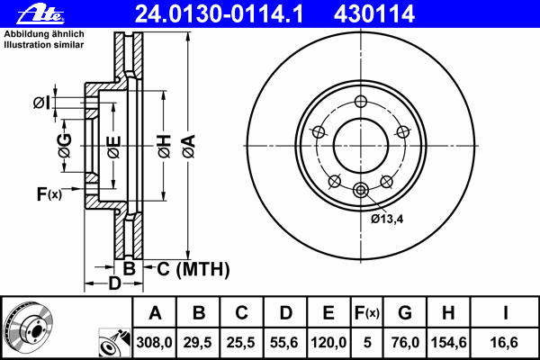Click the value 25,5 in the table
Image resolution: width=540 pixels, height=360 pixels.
[242, 341]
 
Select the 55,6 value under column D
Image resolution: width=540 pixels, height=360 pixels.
[285, 341]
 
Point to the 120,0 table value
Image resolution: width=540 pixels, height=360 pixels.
[328, 341]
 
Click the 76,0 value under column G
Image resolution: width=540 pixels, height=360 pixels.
[405, 341]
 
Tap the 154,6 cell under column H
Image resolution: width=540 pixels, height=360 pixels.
[450, 341]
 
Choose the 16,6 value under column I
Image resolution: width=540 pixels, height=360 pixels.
[505, 341]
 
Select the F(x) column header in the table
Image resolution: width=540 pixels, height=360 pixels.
[366, 313]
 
